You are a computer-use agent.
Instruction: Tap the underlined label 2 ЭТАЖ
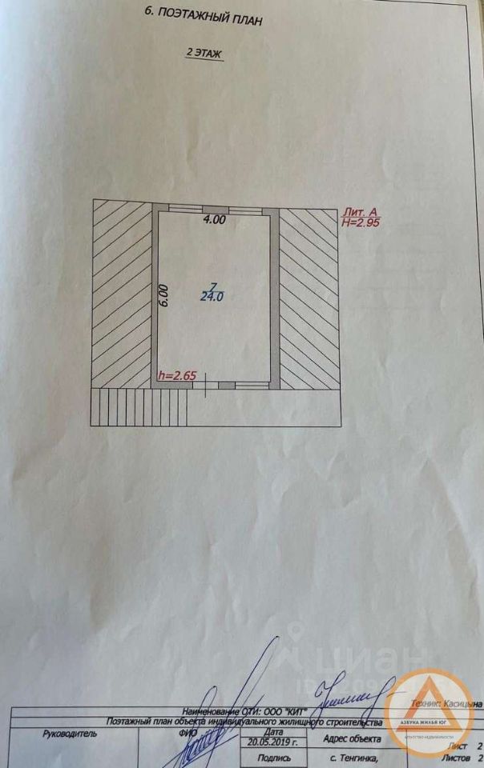coord(204,53)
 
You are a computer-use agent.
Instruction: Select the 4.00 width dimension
coord(213,219)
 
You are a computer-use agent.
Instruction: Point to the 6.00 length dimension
coord(163,296)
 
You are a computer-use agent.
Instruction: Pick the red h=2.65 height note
coord(177,375)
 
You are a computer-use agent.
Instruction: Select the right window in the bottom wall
coord(252,386)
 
